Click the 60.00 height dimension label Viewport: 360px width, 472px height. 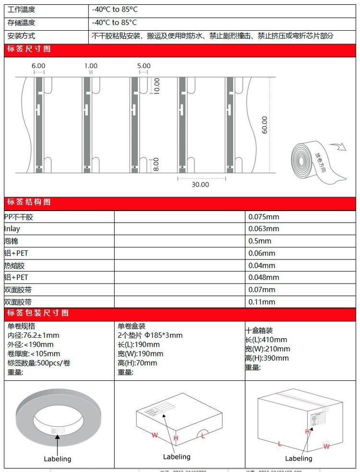(264, 125)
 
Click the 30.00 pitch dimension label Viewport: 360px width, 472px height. (200, 184)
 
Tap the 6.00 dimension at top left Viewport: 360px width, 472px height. (38, 66)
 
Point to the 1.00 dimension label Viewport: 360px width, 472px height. (90, 66)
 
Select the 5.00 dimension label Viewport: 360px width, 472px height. (144, 66)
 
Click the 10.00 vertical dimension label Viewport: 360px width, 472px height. (157, 86)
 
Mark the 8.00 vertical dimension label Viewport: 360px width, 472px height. (157, 165)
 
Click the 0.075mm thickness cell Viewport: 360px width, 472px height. (264, 217)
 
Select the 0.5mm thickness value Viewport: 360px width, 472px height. (260, 241)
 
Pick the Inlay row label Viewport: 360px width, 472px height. (12, 229)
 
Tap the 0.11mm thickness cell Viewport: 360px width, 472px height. (262, 302)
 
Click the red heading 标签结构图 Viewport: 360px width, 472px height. (29, 202)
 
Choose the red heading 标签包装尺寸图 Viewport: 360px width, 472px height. (38, 313)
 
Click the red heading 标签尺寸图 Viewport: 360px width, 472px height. (29, 49)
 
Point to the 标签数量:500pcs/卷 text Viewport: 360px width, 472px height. (39, 363)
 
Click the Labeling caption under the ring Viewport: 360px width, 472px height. (57, 459)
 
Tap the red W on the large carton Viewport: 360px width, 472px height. (326, 446)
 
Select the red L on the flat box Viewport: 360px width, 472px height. (203, 436)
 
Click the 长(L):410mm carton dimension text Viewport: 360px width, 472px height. (266, 340)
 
